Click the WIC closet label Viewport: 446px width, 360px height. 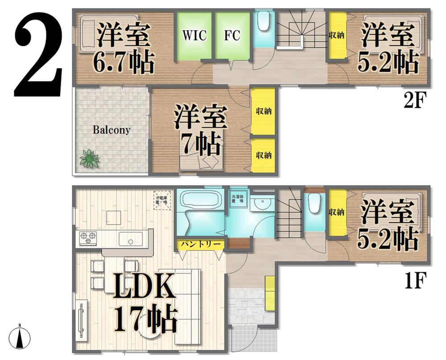point(194,36)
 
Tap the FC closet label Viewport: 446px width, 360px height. point(232,36)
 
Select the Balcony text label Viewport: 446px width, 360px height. point(111,130)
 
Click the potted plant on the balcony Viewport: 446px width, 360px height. point(90,159)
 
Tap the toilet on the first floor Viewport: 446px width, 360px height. point(314,204)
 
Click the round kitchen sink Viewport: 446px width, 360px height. point(130,241)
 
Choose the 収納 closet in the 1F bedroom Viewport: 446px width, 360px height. point(337,213)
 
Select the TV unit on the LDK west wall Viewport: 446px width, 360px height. point(82,318)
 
